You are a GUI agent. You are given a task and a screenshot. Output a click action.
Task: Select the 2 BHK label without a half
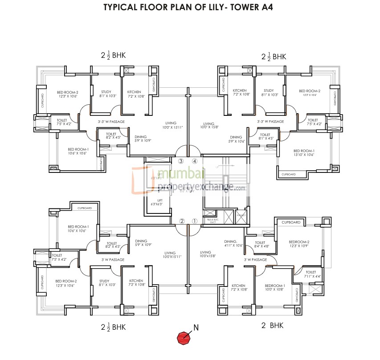[272, 326]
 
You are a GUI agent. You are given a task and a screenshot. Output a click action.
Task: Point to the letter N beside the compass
[196, 328]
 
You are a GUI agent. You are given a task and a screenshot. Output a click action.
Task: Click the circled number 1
[194, 221]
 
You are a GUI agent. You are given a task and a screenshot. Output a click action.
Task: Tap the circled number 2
[182, 221]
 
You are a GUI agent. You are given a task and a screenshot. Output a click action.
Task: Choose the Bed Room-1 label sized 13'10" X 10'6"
[304, 153]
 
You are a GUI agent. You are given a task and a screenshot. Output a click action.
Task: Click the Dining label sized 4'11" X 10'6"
[233, 243]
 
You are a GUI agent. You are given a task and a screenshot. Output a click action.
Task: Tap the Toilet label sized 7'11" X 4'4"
[311, 274]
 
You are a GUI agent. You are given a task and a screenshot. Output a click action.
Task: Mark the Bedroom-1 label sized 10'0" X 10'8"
[275, 287]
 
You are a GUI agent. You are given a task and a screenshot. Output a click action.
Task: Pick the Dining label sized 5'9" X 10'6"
[236, 139]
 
